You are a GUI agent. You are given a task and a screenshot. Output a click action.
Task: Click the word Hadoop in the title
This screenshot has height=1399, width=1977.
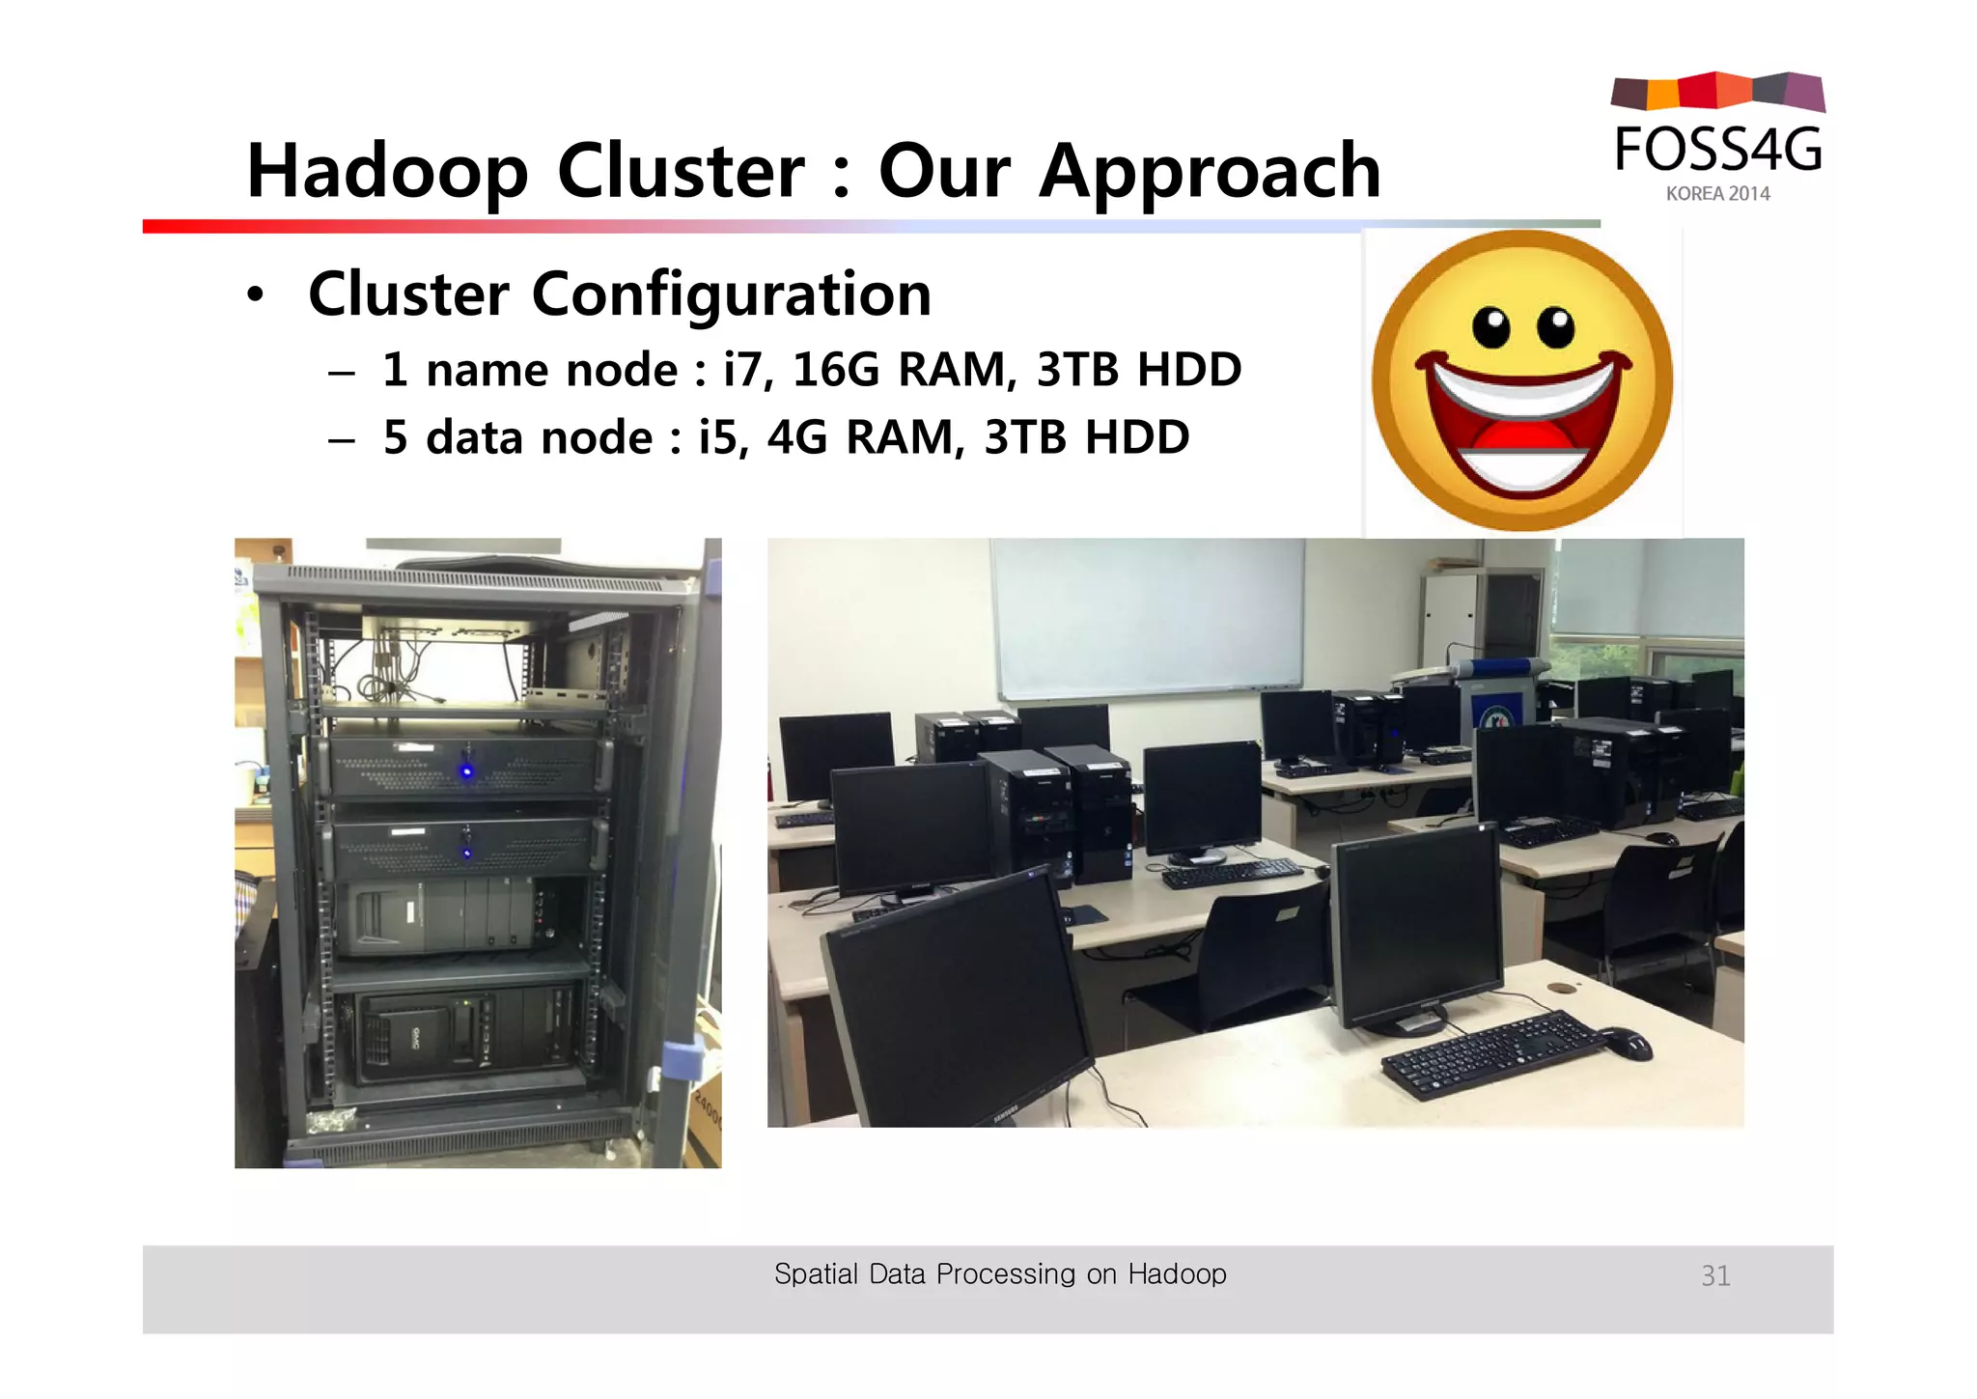coord(387,172)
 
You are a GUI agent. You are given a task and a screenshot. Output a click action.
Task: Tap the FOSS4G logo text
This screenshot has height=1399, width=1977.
coord(1718,151)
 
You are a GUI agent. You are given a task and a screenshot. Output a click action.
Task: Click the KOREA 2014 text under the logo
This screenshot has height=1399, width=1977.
coord(1717,194)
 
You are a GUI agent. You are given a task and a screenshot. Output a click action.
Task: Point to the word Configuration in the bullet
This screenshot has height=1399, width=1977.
coord(731,294)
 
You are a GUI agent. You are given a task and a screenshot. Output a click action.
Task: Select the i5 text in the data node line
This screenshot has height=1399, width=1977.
coord(721,437)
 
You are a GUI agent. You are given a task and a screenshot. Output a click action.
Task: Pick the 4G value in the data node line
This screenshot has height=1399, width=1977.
coord(797,437)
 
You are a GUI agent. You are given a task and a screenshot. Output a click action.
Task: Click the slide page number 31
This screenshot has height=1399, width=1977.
coord(1715,1276)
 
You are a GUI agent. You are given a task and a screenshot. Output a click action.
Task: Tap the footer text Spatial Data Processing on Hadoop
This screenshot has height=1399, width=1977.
coord(1000,1274)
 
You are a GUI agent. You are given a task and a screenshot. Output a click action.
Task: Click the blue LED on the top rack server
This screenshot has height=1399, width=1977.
coord(467,770)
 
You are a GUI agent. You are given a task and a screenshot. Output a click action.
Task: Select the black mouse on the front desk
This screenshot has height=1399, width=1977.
coord(1629,1043)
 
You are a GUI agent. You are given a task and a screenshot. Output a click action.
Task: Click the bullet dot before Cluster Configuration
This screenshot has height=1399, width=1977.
coord(254,295)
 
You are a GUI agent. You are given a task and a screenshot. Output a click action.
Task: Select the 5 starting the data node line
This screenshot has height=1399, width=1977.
coord(395,437)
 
